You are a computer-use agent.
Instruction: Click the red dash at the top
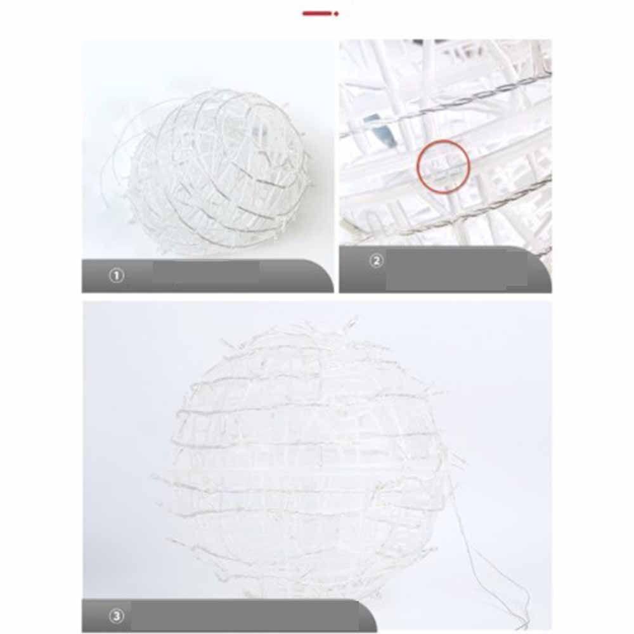pos(316,13)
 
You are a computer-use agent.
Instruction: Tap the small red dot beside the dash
pos(337,14)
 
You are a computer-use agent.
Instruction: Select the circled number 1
pos(117,276)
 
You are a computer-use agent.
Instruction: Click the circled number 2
pos(377,261)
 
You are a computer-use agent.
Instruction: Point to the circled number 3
pos(117,616)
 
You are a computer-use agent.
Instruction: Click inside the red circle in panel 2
pos(443,166)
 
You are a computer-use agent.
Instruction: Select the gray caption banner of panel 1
pos(208,276)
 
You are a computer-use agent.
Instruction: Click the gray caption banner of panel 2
pos(445,269)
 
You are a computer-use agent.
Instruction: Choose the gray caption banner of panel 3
pos(230,616)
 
